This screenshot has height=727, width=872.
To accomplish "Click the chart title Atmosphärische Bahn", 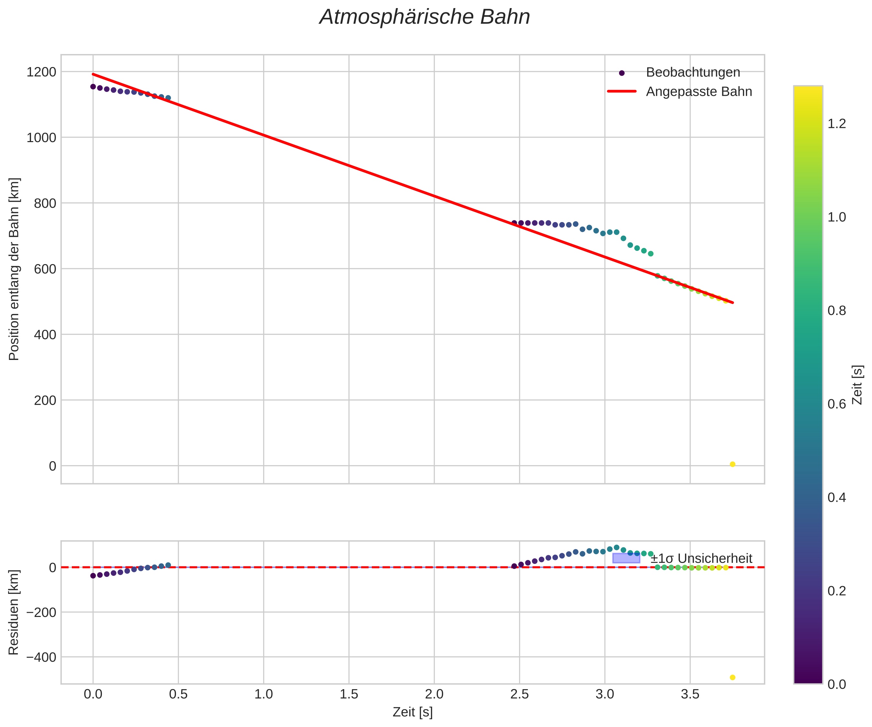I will (424, 17).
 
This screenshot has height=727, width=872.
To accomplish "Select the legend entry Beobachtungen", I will (692, 72).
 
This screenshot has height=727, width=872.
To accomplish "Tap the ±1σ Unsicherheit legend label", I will (701, 559).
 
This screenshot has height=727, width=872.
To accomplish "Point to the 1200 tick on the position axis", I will (41, 72).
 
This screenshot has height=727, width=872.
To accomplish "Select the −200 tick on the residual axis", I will (41, 612).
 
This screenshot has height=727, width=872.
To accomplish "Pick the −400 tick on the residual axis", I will (41, 657).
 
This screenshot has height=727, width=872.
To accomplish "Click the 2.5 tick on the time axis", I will (519, 694).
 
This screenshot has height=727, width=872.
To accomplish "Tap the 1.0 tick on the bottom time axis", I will (264, 694).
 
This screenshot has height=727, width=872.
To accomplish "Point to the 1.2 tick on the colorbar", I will (837, 124).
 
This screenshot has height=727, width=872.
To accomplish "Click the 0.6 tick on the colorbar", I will (837, 404).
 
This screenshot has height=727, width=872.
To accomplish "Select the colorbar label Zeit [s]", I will (857, 385).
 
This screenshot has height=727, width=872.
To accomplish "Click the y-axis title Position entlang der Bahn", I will (14, 269).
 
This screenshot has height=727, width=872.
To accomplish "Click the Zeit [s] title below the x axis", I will (412, 712).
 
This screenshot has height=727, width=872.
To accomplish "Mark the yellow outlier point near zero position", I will (733, 464).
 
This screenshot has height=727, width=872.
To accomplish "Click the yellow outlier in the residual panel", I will (733, 677).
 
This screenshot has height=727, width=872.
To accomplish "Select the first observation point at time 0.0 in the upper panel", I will (93, 86).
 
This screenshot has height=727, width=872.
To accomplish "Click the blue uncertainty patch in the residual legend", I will (626, 558).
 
